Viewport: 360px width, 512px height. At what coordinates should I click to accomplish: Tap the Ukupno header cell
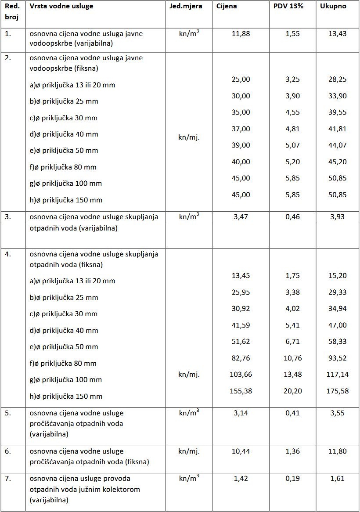point(333,7)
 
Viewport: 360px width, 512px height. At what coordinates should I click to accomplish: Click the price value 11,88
point(241,34)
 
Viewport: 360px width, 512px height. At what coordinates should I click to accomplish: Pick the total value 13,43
point(337,34)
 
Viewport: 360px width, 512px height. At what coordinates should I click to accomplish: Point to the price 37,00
point(241,129)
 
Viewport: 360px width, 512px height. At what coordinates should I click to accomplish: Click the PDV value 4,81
point(292,129)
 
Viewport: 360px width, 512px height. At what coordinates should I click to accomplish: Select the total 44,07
point(337,145)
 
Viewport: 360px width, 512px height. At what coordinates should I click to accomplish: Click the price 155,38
point(241,391)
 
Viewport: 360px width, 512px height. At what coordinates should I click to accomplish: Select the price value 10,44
point(241,451)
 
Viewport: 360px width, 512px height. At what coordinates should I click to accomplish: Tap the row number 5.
point(8,413)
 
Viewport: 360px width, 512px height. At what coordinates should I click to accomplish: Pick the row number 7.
point(8,479)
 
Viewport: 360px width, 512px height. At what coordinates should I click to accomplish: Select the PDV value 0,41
point(292,413)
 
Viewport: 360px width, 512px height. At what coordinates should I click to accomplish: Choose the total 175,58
point(337,391)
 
